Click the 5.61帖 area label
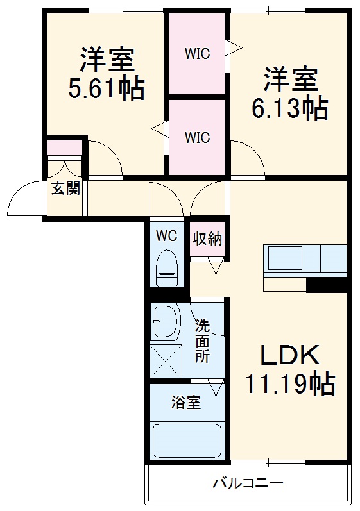coord(107,88)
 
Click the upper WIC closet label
coord(198,54)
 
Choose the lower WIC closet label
coord(198,137)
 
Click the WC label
coord(166,235)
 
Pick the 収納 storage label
coord(207,239)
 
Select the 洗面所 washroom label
coord(202,341)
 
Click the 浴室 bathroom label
coord(186,403)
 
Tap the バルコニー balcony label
coord(248,483)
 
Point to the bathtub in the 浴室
coord(187,441)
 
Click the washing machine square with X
coord(166,362)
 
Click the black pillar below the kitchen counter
coord(327,285)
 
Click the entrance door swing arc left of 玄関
coord(24,200)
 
